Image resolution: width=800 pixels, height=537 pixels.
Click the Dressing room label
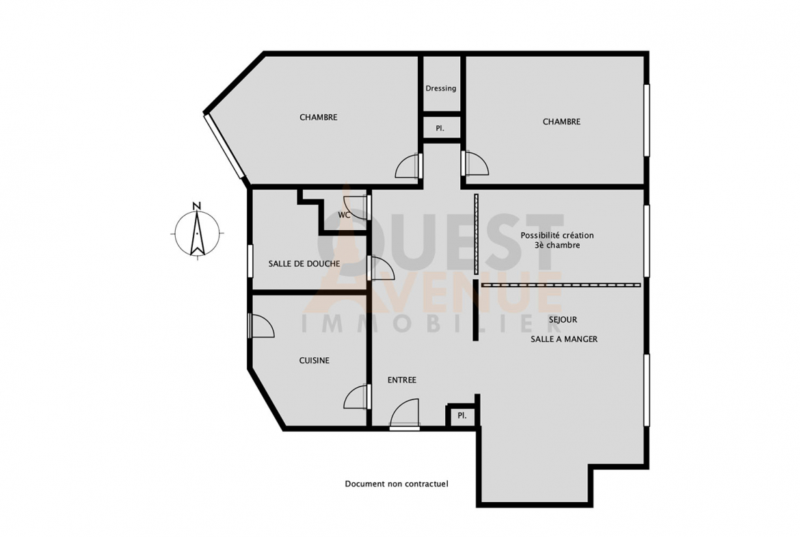click(441, 88)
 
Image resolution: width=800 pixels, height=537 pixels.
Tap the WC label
click(345, 215)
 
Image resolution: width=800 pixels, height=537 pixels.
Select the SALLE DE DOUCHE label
click(304, 264)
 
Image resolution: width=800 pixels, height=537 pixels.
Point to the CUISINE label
click(315, 361)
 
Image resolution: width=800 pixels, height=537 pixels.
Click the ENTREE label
click(402, 380)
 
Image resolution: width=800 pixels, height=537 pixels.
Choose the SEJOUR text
click(563, 319)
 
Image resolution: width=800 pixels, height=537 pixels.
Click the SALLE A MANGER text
click(564, 339)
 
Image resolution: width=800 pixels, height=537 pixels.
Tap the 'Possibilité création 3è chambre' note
click(557, 240)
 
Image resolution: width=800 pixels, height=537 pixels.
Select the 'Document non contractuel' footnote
click(397, 484)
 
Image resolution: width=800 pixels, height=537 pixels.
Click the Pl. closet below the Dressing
click(440, 129)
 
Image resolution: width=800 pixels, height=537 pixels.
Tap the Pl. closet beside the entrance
click(462, 416)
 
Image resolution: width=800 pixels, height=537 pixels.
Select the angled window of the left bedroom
click(225, 146)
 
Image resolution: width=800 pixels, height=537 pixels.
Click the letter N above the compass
click(197, 206)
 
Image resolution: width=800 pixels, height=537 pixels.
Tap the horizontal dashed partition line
click(561, 285)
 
